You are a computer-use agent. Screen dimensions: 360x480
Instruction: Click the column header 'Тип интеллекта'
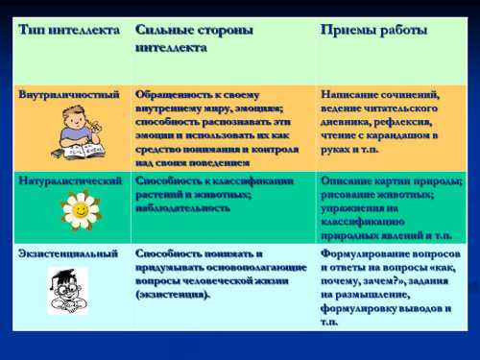[68, 30]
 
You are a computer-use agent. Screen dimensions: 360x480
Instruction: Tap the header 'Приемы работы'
[373, 30]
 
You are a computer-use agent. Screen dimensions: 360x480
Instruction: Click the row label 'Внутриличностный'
[69, 95]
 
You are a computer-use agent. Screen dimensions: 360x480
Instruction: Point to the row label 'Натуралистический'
[71, 180]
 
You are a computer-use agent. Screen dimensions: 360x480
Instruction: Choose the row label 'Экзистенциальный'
[69, 253]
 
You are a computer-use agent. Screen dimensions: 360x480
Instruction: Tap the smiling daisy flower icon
[81, 209]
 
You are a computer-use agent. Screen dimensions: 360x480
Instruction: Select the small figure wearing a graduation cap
[68, 289]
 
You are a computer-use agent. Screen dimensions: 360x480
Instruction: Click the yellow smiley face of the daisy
[81, 208]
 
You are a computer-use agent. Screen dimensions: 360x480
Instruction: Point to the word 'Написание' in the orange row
[349, 95]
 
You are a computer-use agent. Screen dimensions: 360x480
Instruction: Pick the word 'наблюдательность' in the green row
[182, 207]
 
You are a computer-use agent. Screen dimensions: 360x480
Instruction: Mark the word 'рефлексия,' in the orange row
[408, 122]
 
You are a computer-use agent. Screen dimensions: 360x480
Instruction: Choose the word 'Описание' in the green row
[347, 180]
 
